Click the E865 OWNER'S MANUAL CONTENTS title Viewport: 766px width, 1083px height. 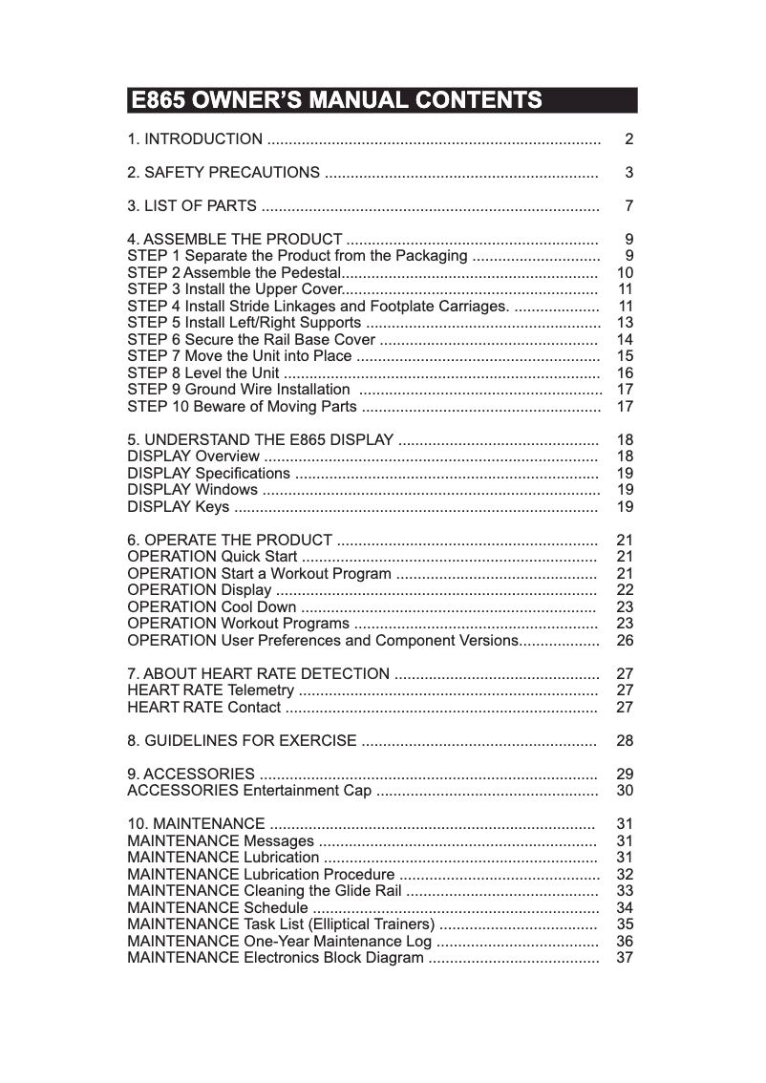(x=336, y=100)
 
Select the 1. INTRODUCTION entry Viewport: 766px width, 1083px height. (x=195, y=139)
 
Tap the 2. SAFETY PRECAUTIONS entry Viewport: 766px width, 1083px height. (x=223, y=173)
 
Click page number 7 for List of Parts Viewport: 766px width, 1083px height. (x=628, y=206)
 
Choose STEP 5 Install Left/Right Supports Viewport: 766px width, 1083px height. (x=244, y=323)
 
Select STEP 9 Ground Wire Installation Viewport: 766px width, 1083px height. (x=238, y=390)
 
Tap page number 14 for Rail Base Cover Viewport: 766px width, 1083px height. (x=626, y=340)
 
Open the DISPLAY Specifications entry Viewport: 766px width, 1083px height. (x=208, y=474)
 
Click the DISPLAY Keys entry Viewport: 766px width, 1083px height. (x=178, y=507)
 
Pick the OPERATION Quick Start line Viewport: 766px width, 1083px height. (x=212, y=557)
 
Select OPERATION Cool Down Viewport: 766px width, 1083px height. (x=211, y=607)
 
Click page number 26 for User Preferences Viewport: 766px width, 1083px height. (x=626, y=641)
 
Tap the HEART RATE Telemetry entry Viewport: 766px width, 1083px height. (x=210, y=690)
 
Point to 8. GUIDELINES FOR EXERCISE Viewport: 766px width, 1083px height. (x=242, y=741)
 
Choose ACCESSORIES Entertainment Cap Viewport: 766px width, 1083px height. (x=249, y=791)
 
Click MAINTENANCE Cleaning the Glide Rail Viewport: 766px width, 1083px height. (x=265, y=891)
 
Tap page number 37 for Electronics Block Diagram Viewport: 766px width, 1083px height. (x=626, y=958)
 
